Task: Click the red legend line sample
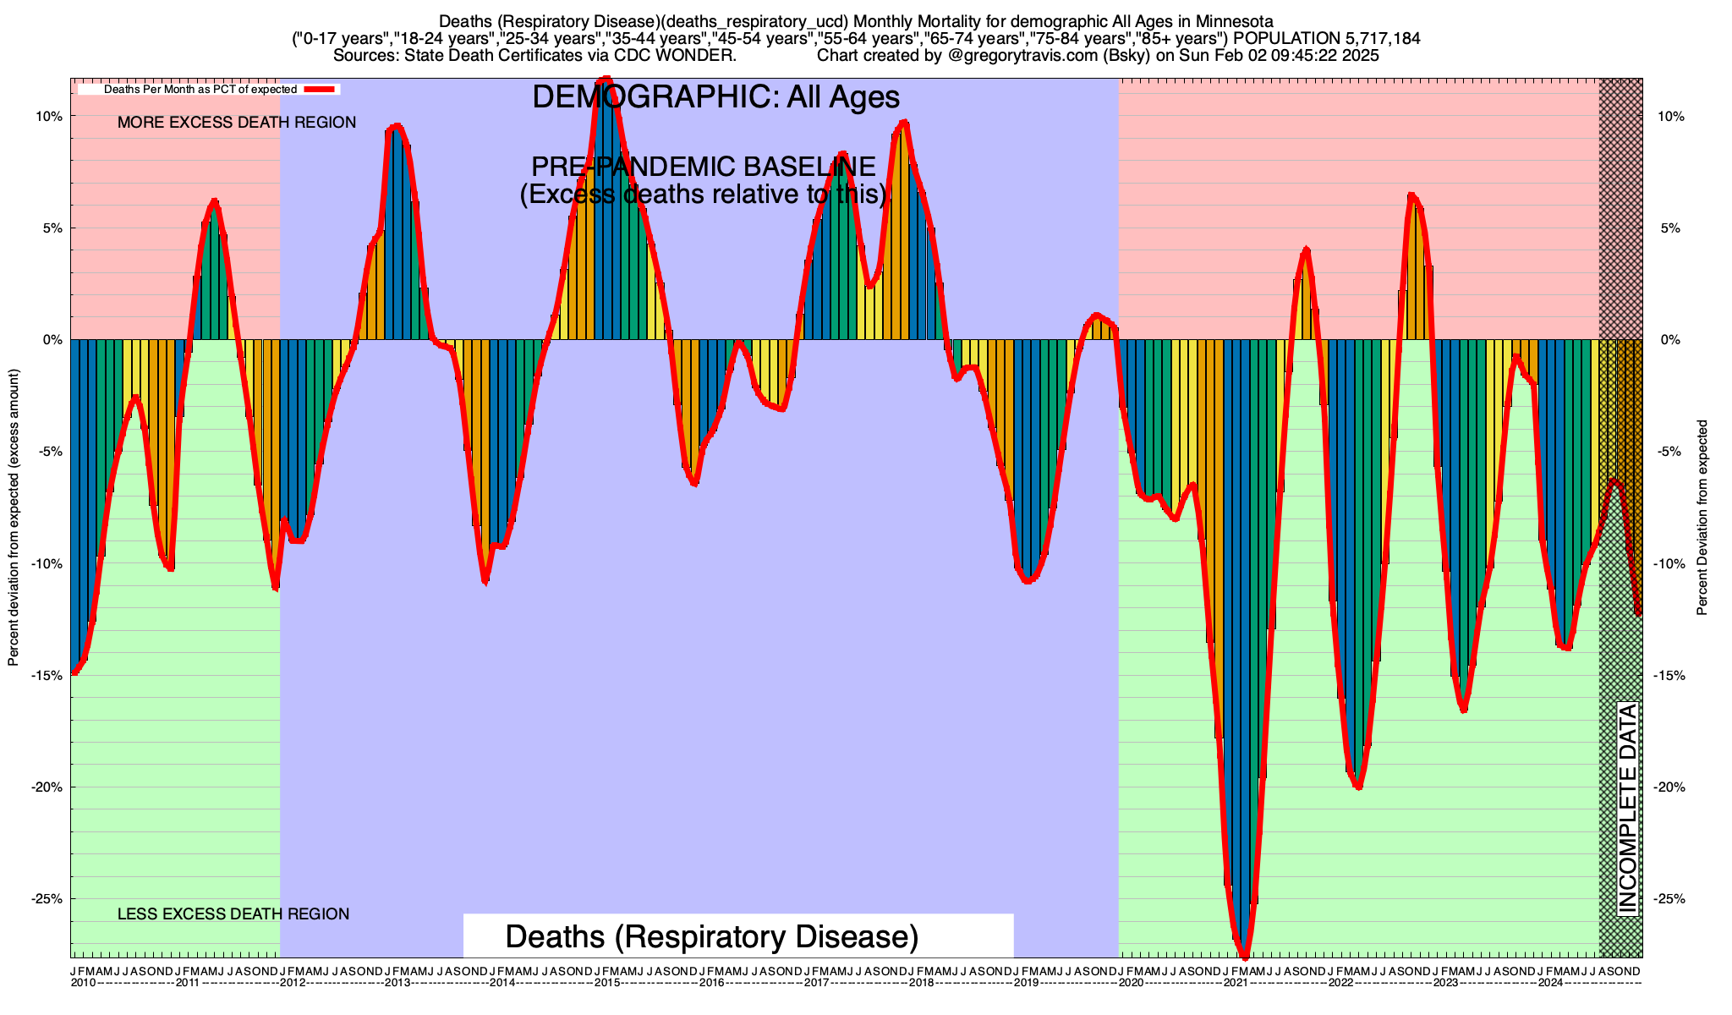tap(321, 89)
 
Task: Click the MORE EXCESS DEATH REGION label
tap(237, 123)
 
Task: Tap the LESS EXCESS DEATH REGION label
tap(233, 914)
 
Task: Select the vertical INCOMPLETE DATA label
tap(1627, 808)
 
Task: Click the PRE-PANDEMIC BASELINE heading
tap(703, 167)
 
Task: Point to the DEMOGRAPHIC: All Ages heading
tap(715, 97)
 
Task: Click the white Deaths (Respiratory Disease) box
tap(737, 937)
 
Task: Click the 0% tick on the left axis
tap(52, 340)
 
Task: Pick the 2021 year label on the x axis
tap(1236, 983)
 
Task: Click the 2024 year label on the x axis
tap(1550, 983)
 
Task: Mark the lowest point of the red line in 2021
tap(1244, 956)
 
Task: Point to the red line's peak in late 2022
tap(1411, 195)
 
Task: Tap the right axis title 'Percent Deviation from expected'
tap(1702, 518)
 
